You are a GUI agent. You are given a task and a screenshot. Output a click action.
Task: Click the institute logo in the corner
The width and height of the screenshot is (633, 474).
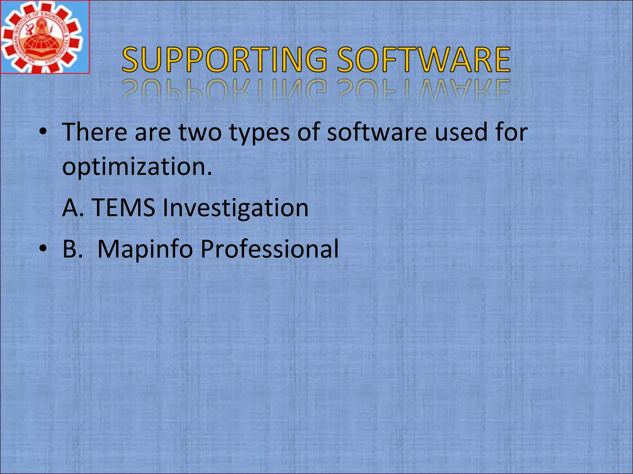click(45, 37)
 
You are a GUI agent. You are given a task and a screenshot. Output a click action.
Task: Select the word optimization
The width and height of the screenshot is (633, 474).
click(137, 167)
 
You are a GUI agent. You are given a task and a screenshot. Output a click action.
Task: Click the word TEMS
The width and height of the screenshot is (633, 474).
click(123, 208)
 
